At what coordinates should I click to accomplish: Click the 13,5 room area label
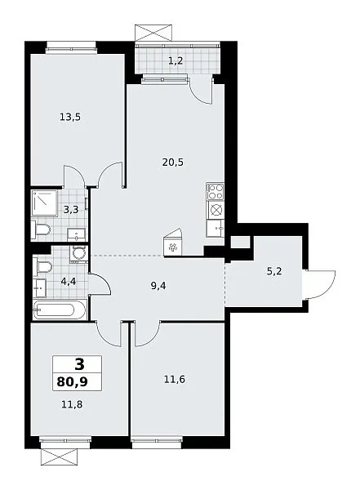(x=70, y=117)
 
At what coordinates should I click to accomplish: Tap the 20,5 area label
(x=173, y=163)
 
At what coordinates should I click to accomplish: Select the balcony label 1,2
(x=176, y=60)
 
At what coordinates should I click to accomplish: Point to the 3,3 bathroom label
(x=71, y=210)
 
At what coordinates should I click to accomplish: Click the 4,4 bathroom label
(x=69, y=282)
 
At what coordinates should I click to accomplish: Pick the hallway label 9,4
(x=158, y=286)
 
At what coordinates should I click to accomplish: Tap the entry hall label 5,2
(x=274, y=271)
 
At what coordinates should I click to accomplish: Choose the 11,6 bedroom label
(x=175, y=380)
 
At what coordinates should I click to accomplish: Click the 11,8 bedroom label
(x=72, y=405)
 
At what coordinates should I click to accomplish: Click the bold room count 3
(x=80, y=364)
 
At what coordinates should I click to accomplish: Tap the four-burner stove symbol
(x=216, y=191)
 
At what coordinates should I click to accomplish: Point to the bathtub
(x=59, y=310)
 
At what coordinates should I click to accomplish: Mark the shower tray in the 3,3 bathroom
(x=44, y=203)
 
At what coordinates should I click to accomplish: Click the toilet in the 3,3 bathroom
(x=42, y=230)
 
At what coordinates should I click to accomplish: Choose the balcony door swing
(x=202, y=91)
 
